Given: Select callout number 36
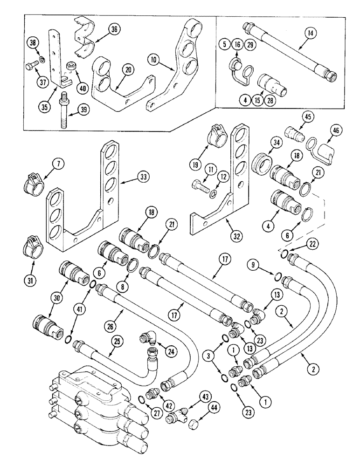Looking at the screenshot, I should tap(115, 29).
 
